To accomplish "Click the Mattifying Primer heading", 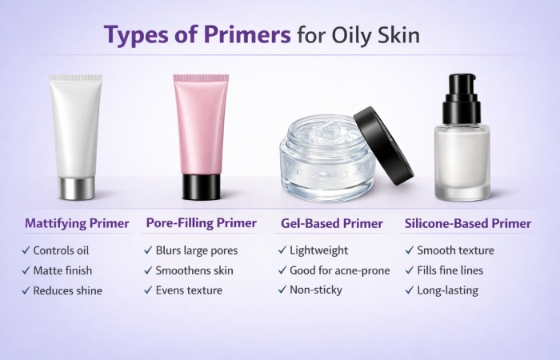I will (x=77, y=222).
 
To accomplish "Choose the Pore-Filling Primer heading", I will (x=202, y=222).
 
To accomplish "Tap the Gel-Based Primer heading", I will (x=334, y=222).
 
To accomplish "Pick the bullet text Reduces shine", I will (x=68, y=290).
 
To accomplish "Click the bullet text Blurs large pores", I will (x=197, y=250).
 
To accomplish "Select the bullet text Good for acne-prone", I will (x=340, y=270).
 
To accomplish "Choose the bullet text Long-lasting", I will (x=447, y=290).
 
